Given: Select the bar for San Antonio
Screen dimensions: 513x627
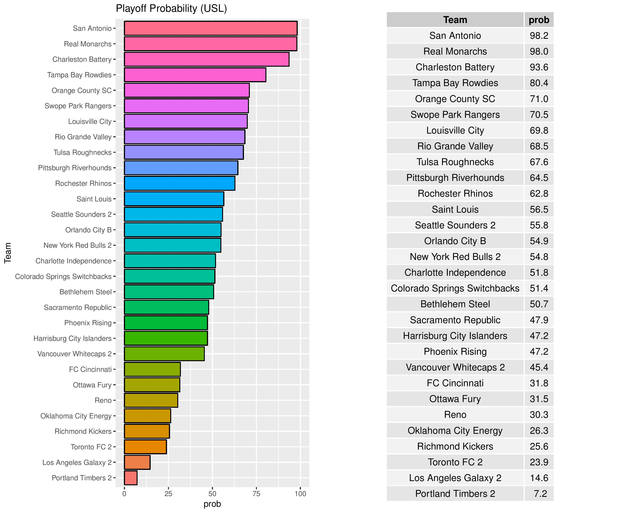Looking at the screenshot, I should click(x=210, y=28).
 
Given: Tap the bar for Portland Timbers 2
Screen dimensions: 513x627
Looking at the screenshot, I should click(x=131, y=478).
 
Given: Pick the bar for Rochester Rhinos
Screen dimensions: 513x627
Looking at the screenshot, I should click(x=179, y=183).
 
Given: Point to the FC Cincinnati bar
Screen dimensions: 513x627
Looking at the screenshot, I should click(x=152, y=369).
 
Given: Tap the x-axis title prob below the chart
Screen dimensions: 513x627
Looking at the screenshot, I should click(x=212, y=504).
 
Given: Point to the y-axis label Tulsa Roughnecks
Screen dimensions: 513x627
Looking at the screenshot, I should click(x=82, y=153).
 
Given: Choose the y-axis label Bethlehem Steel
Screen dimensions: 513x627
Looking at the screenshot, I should click(x=85, y=292).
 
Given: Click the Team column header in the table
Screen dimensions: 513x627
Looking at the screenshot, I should click(x=455, y=20).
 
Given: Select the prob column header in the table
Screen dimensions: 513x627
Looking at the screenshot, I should click(x=539, y=20).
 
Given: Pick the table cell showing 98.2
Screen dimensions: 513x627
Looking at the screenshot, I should click(x=539, y=36).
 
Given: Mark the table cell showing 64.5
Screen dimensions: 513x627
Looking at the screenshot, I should click(x=539, y=178).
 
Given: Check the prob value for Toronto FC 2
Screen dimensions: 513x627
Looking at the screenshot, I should click(x=539, y=462).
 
